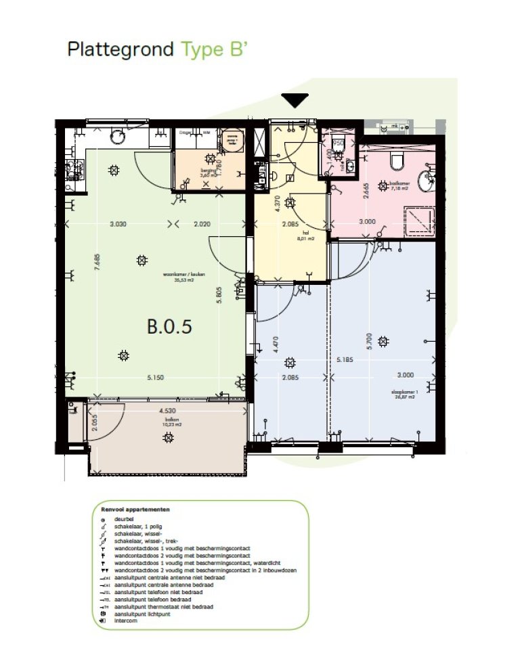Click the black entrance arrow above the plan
pyautogui.click(x=295, y=101)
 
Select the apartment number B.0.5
pyautogui.click(x=170, y=326)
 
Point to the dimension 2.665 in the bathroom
pyautogui.click(x=366, y=191)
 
